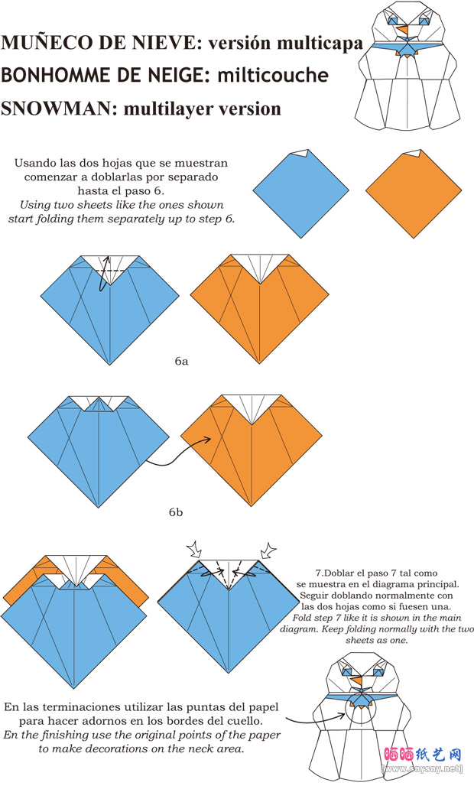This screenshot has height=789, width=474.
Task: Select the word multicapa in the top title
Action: (x=320, y=43)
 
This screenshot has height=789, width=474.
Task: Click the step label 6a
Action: (x=180, y=360)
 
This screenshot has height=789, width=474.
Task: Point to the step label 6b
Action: (x=176, y=511)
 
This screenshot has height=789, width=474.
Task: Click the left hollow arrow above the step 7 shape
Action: (x=195, y=549)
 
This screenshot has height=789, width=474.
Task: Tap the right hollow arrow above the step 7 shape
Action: (x=268, y=549)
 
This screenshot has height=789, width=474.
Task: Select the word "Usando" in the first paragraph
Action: (x=35, y=163)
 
